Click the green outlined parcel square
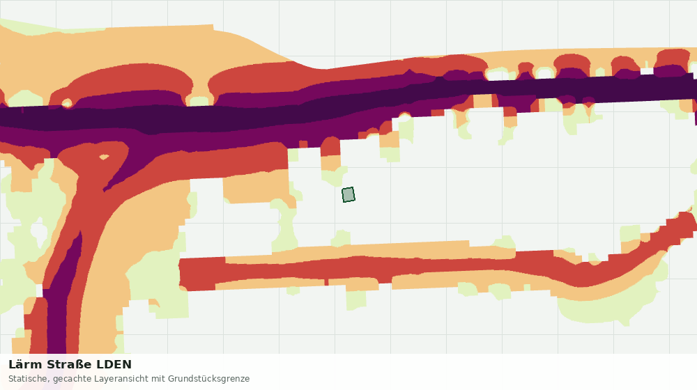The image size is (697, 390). [x=348, y=194]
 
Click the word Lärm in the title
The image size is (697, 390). [x=25, y=365]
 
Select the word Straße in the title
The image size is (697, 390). [x=69, y=365]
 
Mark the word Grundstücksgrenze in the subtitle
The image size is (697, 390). [x=208, y=379]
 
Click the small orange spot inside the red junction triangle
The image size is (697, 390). [x=104, y=157]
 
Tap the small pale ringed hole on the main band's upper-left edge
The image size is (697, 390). [x=67, y=104]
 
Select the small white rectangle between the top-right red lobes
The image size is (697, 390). [x=647, y=71]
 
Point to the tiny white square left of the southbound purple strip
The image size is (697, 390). [x=39, y=291]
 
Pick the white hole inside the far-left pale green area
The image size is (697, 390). [x=39, y=234]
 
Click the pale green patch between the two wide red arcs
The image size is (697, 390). [x=199, y=101]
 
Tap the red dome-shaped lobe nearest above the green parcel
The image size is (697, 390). [x=330, y=146]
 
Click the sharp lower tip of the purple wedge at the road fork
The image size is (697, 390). [x=105, y=191]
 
